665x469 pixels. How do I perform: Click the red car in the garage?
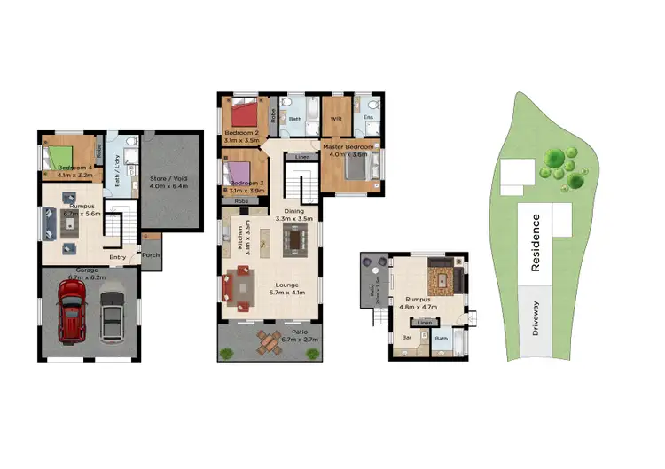point(71,310)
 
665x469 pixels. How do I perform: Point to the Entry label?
point(117,258)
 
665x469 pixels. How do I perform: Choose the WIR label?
point(336,118)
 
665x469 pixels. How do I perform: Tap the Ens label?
point(368,117)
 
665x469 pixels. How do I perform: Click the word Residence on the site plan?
point(536,243)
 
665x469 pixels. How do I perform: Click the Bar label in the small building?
point(409,338)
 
